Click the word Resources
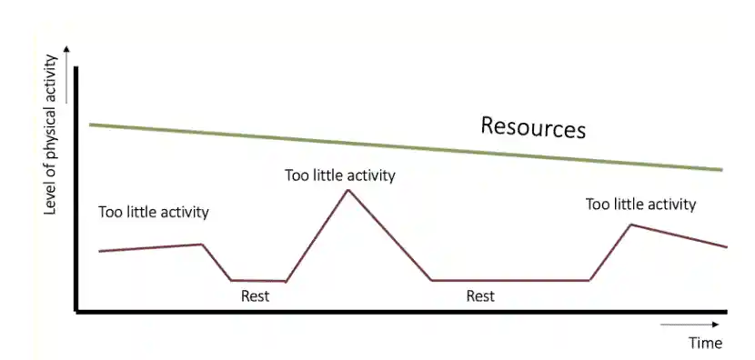(x=533, y=126)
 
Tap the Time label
(x=705, y=343)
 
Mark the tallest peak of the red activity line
(x=347, y=189)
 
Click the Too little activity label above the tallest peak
(x=340, y=175)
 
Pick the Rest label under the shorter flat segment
(x=255, y=296)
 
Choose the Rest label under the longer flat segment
(x=480, y=296)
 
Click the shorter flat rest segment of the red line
(x=258, y=281)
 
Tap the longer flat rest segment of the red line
(x=509, y=280)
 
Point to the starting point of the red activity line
(x=99, y=251)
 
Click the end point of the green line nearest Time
(x=721, y=169)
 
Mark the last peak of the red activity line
(x=631, y=224)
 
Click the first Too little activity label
(x=154, y=213)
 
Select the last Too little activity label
(x=641, y=205)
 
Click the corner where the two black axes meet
(x=78, y=311)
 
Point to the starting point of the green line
(x=90, y=124)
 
